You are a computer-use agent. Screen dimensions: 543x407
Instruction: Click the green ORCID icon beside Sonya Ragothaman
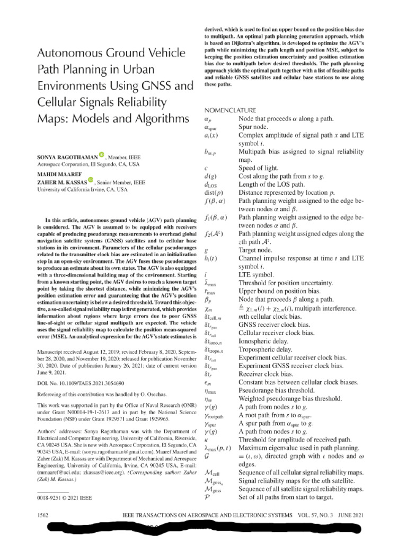tap(102, 156)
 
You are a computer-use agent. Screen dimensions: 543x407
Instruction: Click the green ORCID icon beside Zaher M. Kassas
tap(91, 180)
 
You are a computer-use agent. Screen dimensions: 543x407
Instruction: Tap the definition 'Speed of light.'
tap(262, 168)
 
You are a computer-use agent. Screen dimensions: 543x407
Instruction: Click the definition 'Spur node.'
tap(257, 128)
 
